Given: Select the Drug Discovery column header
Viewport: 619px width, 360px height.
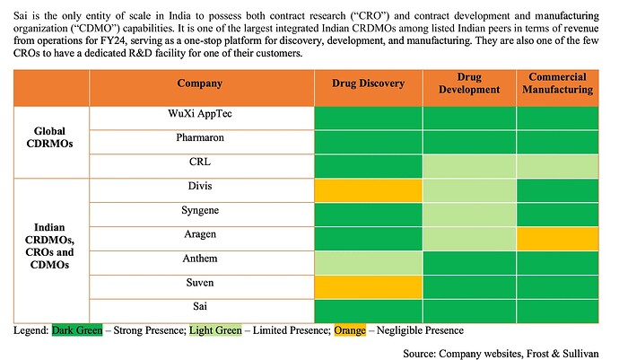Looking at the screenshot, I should [x=368, y=83].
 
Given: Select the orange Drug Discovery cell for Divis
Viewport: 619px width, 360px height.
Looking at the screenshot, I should [x=368, y=189].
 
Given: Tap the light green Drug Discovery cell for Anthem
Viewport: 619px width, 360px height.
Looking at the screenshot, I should [x=368, y=261].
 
